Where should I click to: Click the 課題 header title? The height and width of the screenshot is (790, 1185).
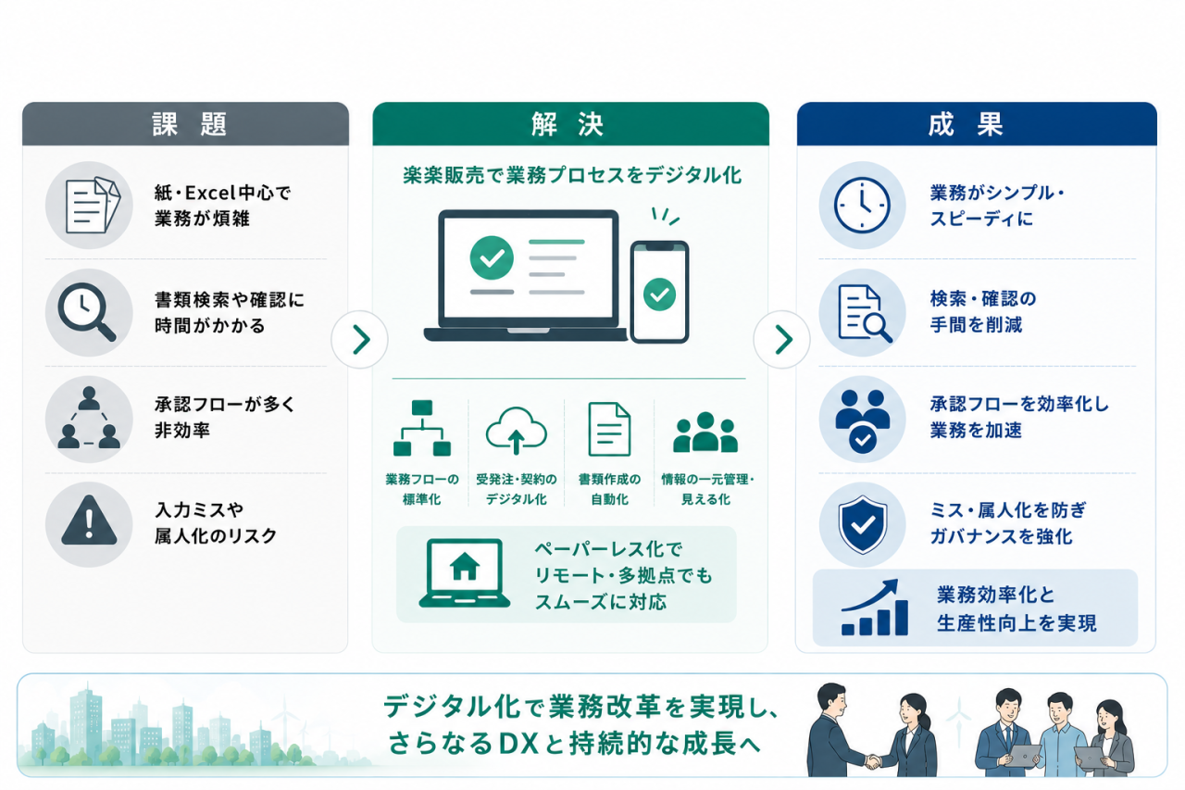point(190,125)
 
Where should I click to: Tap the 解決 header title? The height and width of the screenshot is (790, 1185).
point(568,125)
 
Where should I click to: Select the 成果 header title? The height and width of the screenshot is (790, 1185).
point(966,125)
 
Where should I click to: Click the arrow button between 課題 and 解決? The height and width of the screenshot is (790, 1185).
point(360,339)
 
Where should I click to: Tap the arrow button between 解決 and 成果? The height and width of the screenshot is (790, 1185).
point(782,339)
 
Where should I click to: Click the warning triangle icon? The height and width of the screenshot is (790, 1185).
point(89,520)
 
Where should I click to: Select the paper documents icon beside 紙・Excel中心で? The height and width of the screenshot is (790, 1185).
point(91,206)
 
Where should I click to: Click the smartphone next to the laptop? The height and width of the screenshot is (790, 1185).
point(659,292)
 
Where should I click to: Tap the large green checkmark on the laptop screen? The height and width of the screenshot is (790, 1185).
point(492,257)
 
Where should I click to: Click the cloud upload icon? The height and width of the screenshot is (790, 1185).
point(517,431)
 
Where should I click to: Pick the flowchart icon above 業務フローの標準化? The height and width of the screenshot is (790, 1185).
point(421,428)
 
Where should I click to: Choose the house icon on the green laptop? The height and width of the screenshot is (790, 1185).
point(465,566)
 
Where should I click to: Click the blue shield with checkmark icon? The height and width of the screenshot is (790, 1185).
point(862,524)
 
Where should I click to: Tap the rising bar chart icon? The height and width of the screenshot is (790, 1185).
point(875,608)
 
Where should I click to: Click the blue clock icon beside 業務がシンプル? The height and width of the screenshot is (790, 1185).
point(862,206)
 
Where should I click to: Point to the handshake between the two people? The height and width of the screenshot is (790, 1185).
point(873,762)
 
